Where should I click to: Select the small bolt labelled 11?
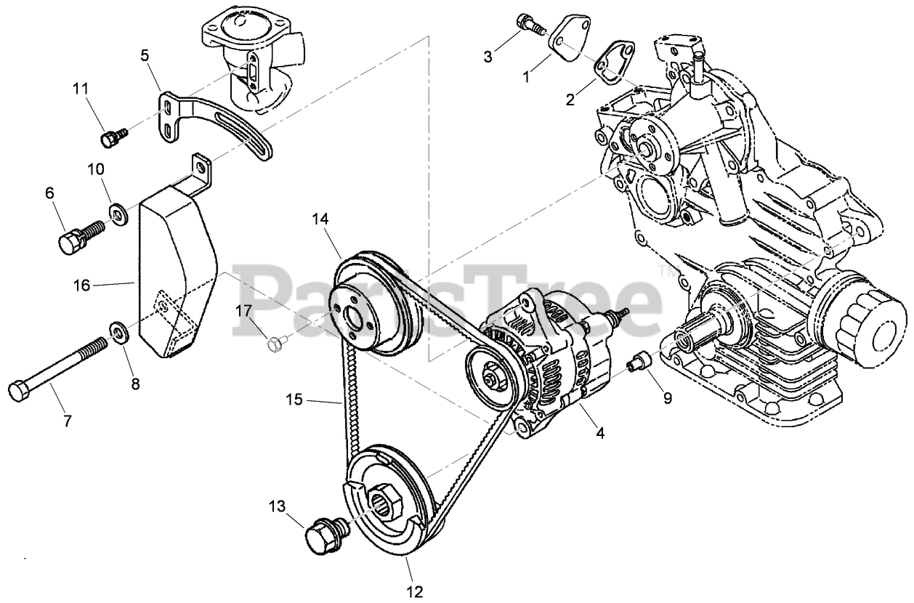coord(113,137)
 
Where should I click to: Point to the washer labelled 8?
coord(117,332)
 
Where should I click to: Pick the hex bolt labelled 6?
coord(76,238)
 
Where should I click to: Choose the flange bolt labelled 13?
coord(321,535)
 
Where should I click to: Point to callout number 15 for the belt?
coord(314,399)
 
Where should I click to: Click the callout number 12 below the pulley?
coord(415,591)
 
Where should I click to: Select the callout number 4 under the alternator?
coord(599,434)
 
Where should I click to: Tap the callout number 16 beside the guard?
coord(81,286)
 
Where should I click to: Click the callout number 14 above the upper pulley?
coord(321,217)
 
